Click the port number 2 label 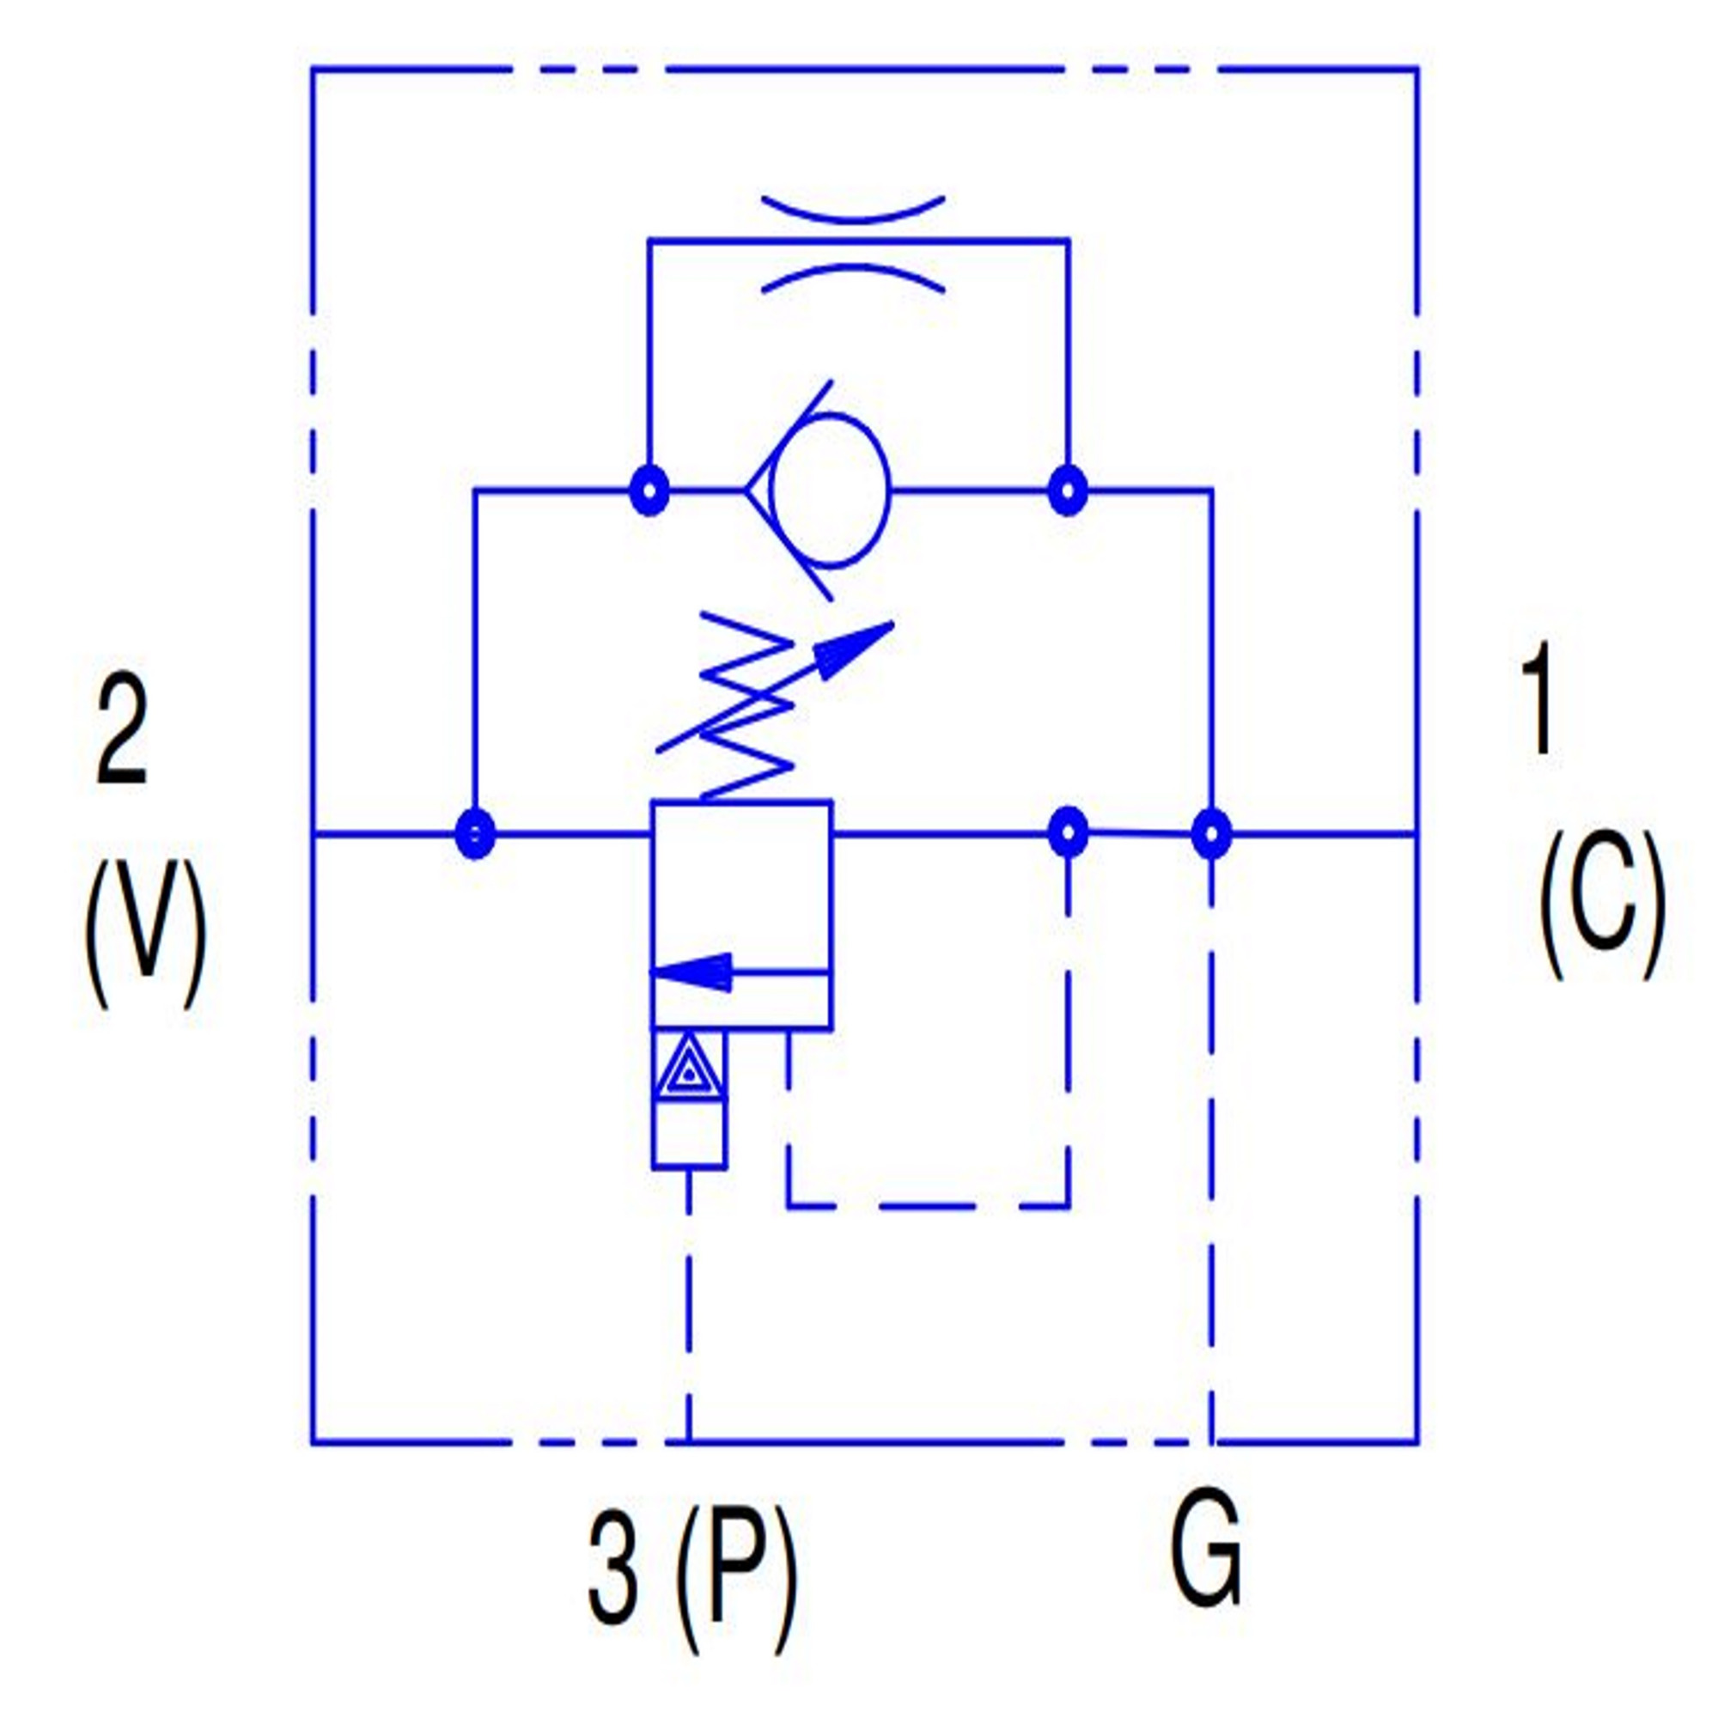(121, 732)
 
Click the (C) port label (1601, 907)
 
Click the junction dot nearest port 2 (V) (474, 834)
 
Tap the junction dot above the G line (1210, 834)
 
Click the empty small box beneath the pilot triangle (688, 1136)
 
